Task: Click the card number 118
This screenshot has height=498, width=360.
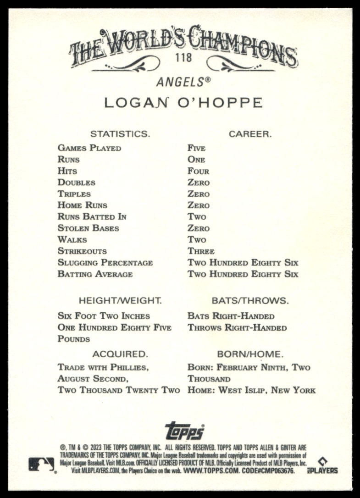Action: [x=183, y=59]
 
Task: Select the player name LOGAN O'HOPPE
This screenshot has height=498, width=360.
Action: [x=183, y=103]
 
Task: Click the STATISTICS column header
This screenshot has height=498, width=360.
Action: [x=120, y=134]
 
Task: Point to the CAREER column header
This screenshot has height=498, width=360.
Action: [x=250, y=134]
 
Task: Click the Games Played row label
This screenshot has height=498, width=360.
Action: [x=89, y=148]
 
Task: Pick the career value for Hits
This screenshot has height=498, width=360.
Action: [x=198, y=171]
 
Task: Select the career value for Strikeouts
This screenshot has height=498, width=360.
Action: [x=201, y=251]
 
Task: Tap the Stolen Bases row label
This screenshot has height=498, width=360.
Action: [x=88, y=228]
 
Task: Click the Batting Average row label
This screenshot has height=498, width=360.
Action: [x=95, y=274]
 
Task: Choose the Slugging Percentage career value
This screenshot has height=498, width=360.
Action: [x=243, y=263]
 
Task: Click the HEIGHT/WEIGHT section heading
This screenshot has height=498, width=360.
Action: [x=120, y=301]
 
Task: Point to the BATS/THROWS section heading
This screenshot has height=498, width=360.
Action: [x=250, y=301]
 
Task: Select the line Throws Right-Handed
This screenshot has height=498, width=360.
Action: [x=237, y=328]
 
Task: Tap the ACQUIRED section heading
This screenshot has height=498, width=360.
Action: [x=120, y=354]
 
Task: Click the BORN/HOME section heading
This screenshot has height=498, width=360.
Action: [x=250, y=354]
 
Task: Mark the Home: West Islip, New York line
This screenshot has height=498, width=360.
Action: [x=251, y=391]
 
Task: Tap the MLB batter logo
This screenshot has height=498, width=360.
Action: [x=41, y=465]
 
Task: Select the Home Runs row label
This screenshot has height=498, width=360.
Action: [x=82, y=205]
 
